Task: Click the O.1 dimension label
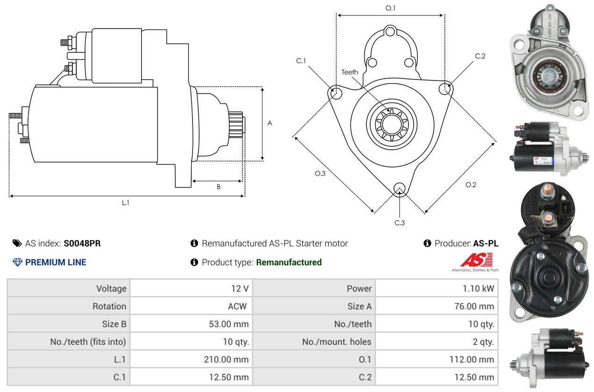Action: point(390,8)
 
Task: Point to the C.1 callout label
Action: point(301,61)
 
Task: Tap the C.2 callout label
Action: point(480,56)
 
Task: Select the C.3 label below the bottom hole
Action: point(399,223)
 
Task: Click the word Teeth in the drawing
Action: point(350,72)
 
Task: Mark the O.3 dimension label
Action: point(320,174)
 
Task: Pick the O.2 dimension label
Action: point(471,185)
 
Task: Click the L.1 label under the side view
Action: point(126,203)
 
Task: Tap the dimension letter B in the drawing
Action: point(218,187)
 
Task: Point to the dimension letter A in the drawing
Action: point(270,123)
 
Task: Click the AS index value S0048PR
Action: point(82,243)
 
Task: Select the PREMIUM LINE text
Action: point(56,262)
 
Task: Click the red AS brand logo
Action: point(476,260)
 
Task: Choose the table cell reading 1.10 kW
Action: point(478,289)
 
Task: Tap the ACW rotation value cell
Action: point(237,306)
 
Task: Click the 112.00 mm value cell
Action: point(472,360)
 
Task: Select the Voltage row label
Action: point(111,289)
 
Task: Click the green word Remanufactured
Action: point(289,262)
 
